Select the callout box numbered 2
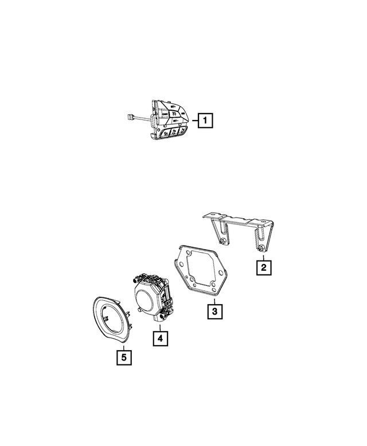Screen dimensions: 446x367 tap(263, 267)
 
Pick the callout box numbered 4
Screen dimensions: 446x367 tap(160, 339)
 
